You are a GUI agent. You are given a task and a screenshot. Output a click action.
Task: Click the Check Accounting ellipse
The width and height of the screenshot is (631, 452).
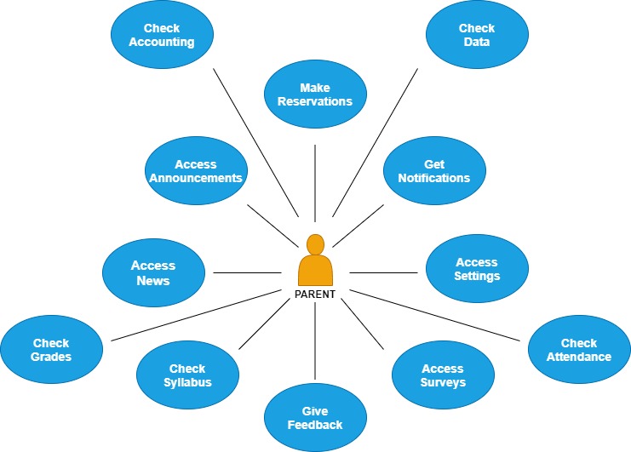click(x=162, y=35)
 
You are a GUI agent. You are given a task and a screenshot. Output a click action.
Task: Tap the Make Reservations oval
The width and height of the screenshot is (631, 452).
click(x=315, y=94)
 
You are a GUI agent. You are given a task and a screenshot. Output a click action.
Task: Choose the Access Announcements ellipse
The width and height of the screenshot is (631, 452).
click(x=196, y=171)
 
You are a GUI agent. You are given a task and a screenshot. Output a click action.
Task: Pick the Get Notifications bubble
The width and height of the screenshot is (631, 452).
click(x=434, y=171)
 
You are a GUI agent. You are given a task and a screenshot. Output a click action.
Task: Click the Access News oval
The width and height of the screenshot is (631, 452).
click(x=153, y=273)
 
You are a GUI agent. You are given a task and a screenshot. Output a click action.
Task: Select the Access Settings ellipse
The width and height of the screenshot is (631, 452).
click(x=477, y=269)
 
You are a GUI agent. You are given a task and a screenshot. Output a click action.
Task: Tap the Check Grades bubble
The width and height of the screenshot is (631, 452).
click(x=51, y=350)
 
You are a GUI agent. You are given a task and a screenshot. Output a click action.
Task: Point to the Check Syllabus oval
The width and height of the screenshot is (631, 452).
click(x=187, y=375)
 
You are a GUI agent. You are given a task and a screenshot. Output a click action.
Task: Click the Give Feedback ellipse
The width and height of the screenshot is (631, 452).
click(x=315, y=418)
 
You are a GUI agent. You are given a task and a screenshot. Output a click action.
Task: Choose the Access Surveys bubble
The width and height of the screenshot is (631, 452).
click(x=443, y=375)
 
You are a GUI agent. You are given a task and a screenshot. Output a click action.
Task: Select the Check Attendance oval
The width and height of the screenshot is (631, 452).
click(x=579, y=350)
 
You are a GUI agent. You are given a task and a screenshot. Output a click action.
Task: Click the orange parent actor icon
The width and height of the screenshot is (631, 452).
click(x=315, y=265)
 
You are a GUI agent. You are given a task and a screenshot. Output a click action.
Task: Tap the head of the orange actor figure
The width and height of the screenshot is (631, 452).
click(x=315, y=244)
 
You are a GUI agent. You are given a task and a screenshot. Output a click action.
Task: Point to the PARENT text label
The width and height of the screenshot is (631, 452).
click(x=315, y=295)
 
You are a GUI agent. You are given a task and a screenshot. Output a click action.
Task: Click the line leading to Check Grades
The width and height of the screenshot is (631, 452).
click(x=196, y=315)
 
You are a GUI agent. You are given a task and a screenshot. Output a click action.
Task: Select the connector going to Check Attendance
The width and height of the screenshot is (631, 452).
click(x=434, y=315)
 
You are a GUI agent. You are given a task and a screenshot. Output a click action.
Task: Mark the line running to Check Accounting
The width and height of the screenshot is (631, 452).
click(x=255, y=140)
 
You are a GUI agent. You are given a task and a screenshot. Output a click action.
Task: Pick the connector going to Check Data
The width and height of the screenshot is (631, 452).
click(x=375, y=140)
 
